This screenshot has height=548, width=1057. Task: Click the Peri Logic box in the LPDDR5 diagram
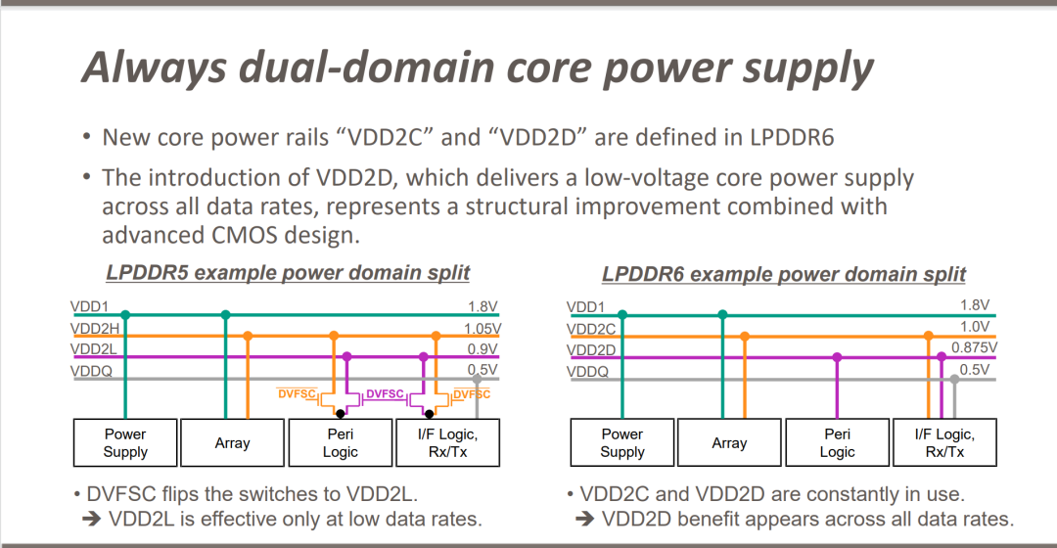[341, 443]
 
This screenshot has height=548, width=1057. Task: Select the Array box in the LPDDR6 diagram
[729, 443]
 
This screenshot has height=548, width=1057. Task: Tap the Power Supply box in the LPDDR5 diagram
[125, 443]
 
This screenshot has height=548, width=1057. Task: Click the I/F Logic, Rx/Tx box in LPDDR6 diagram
[944, 443]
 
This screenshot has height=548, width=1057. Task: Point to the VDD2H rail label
[95, 328]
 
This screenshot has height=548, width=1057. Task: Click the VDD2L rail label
[94, 349]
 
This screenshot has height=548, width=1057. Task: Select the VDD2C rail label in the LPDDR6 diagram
[591, 329]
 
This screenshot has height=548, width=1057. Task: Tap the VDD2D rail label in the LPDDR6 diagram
[591, 349]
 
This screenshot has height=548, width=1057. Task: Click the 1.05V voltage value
[482, 328]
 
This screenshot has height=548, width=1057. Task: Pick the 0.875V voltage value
[974, 347]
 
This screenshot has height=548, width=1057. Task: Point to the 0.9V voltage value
[483, 349]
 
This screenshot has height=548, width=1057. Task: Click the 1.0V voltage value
[975, 327]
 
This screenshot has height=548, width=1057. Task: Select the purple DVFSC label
[385, 393]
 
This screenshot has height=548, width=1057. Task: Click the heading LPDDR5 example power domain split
[288, 272]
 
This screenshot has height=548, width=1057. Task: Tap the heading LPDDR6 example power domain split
[784, 274]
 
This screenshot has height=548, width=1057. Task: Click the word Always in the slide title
[155, 68]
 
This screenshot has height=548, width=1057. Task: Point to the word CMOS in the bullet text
[244, 235]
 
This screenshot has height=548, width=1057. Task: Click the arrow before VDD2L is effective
[92, 519]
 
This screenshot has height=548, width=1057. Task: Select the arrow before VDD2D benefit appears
[585, 519]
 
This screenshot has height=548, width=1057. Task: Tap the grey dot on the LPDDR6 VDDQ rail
[954, 380]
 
